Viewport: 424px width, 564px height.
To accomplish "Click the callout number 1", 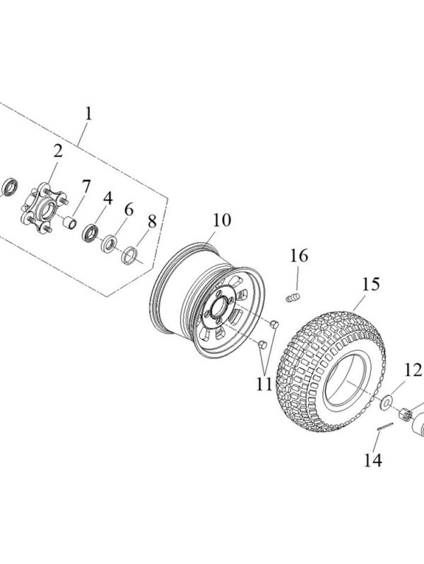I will (88, 113).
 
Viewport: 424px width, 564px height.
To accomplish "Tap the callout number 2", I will (57, 150).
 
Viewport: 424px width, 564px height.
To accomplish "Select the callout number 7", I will (86, 187).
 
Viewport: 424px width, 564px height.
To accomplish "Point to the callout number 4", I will (107, 198).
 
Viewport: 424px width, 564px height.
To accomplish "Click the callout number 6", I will (129, 210).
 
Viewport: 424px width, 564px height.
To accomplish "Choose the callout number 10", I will (220, 220).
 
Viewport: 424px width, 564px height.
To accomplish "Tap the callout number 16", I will (300, 256).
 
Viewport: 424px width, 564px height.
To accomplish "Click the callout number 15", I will (371, 284).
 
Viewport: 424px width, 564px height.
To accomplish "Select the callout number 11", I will (264, 384).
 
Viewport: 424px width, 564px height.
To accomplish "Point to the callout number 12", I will (413, 369).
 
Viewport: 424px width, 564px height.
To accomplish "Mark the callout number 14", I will (372, 460).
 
